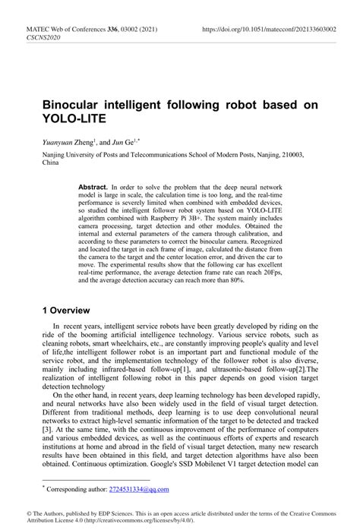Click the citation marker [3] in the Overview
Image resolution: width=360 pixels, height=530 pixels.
[x=47, y=429]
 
